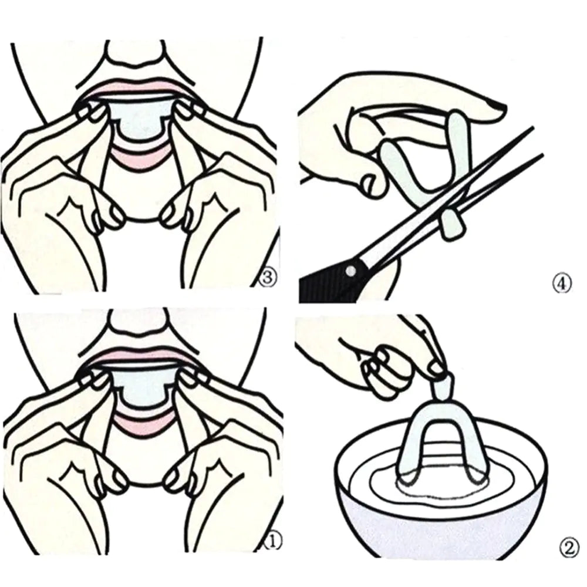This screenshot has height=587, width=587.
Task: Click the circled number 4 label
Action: pyautogui.click(x=562, y=284)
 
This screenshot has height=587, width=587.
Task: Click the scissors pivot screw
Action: pyautogui.click(x=350, y=270)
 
